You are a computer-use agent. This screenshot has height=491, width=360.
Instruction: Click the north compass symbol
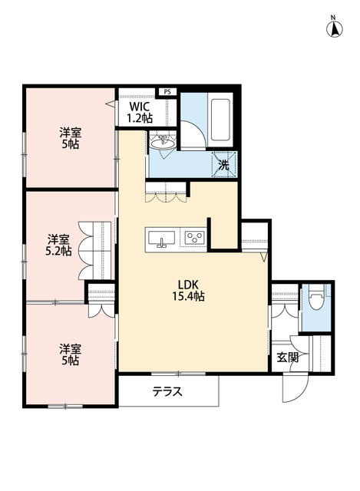pyautogui.click(x=335, y=28)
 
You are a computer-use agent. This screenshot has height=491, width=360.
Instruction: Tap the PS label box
pyautogui.click(x=167, y=92)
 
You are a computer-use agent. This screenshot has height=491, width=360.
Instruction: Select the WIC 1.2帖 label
pyautogui.click(x=140, y=112)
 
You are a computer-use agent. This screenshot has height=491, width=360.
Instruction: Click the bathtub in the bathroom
pyautogui.click(x=220, y=120)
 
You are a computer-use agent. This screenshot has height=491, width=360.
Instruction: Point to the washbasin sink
pyautogui.click(x=162, y=144)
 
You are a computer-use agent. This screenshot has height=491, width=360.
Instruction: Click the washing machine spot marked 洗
pyautogui.click(x=223, y=164)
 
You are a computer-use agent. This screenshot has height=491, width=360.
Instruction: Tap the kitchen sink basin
pyautogui.click(x=161, y=239)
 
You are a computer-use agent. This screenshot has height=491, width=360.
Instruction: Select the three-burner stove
pyautogui.click(x=195, y=237)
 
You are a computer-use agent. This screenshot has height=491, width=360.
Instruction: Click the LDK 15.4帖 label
pyautogui.click(x=188, y=291)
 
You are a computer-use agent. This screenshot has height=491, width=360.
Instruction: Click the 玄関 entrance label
pyautogui.click(x=288, y=357)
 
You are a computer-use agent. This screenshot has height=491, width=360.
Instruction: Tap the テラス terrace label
pyautogui.click(x=167, y=391)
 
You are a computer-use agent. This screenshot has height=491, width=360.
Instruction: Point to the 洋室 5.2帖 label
pyautogui.click(x=58, y=245)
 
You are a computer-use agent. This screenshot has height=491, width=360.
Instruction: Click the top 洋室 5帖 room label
pyautogui.click(x=70, y=138)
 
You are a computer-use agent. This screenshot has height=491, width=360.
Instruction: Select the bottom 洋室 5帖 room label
pyautogui.click(x=70, y=354)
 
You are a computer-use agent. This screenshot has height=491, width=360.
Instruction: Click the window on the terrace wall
pyautogui.click(x=178, y=374)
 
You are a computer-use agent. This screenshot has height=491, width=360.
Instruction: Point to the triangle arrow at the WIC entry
pyautogui.click(x=110, y=103)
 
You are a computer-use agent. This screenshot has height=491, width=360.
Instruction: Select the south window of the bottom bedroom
pyautogui.click(x=65, y=407)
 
